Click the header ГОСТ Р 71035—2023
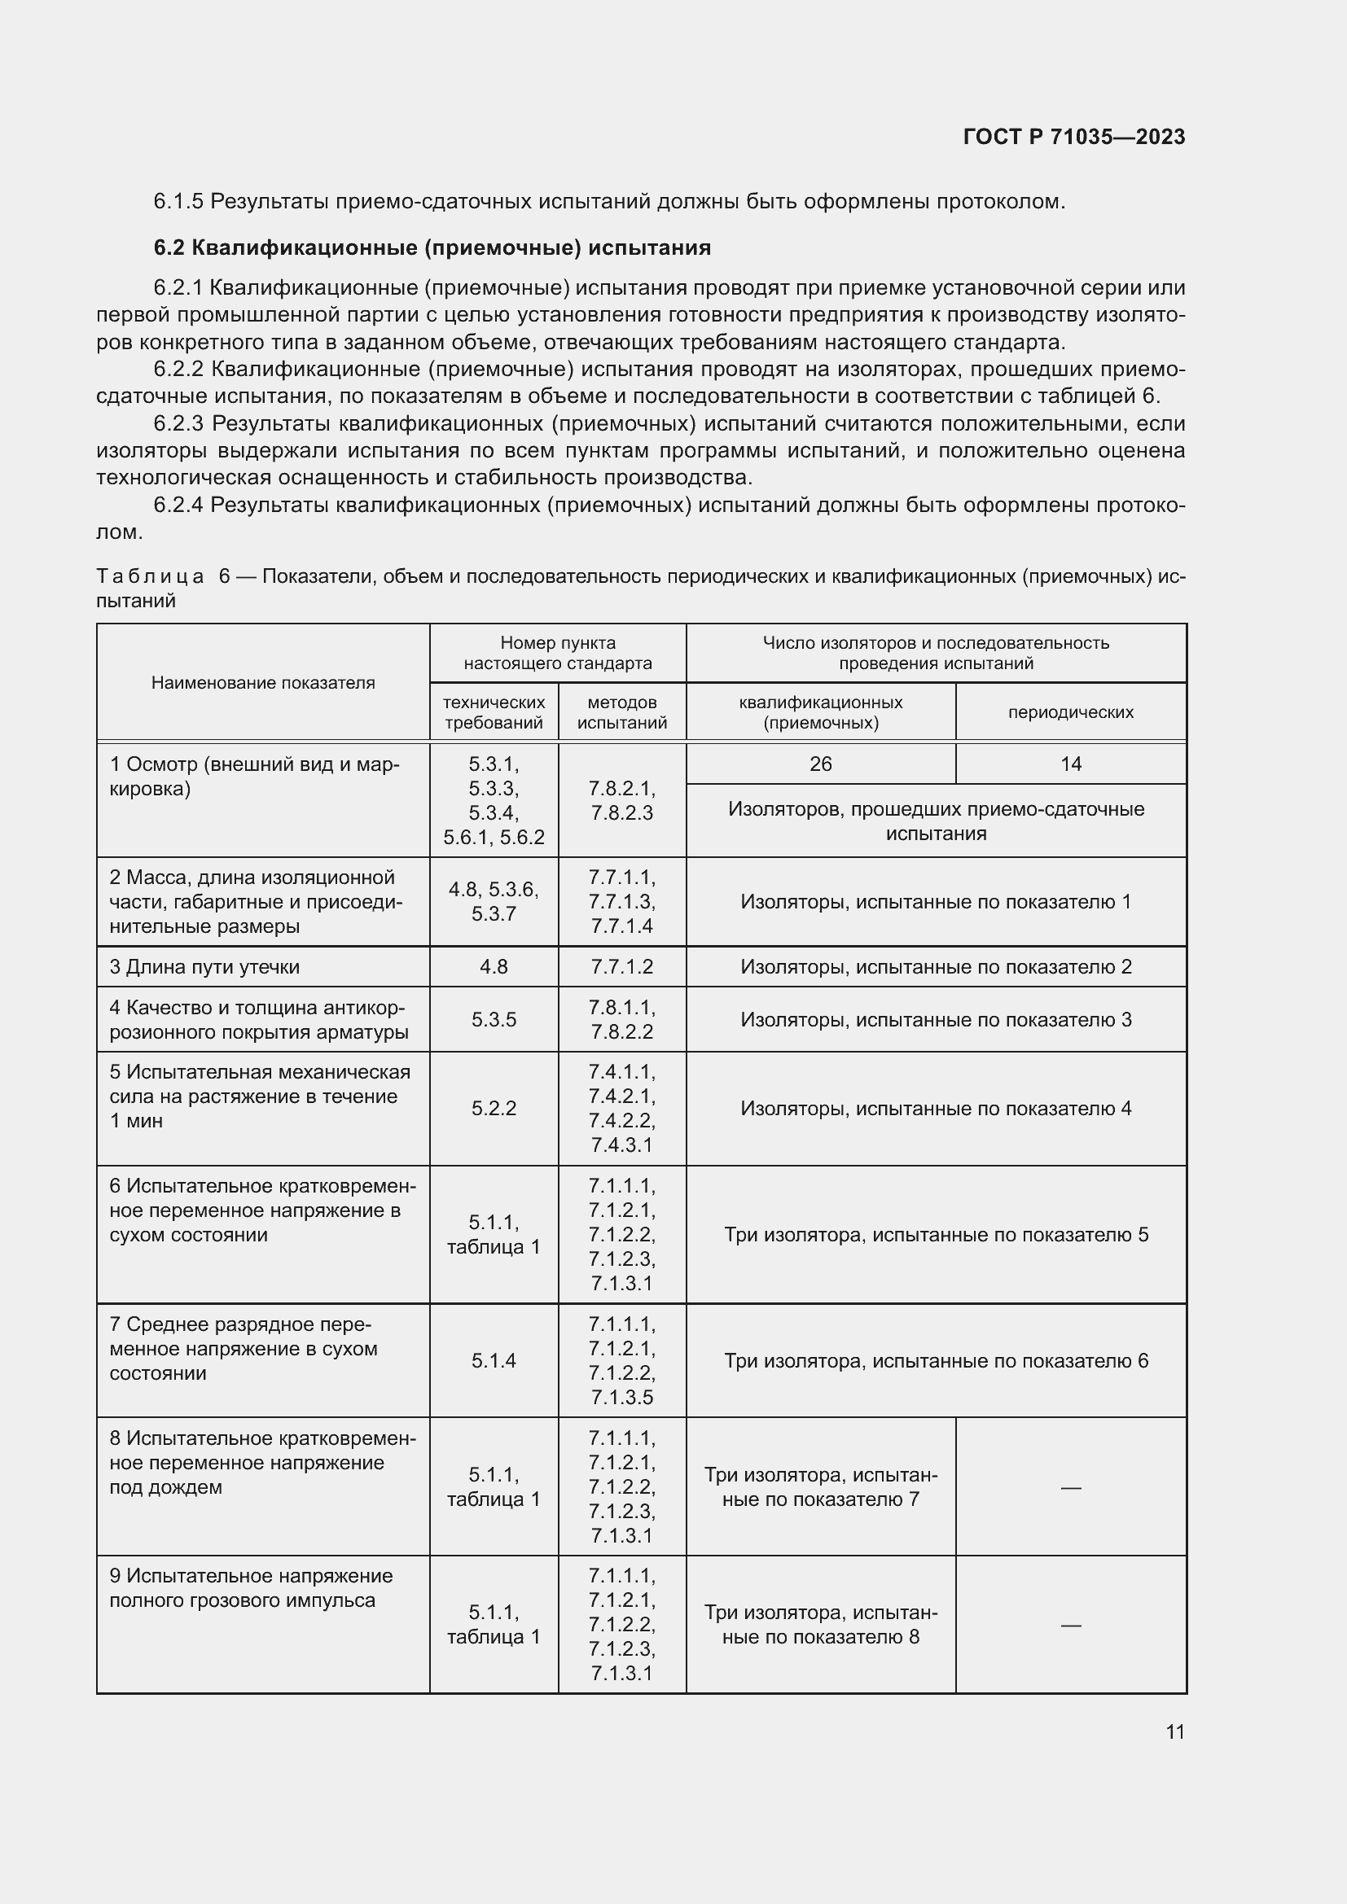pos(1073,137)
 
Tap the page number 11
pos(1174,1731)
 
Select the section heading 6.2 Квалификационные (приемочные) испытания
pos(432,248)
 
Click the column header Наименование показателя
pos(263,682)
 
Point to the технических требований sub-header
pos(494,712)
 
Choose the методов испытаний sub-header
pos(622,712)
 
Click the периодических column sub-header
pos(1070,712)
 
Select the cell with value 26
pos(820,764)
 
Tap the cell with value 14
pos(1070,764)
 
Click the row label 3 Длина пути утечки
pos(205,967)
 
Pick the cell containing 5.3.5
pos(494,1019)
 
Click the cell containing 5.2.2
pos(494,1109)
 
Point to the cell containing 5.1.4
pos(494,1361)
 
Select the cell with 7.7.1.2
pos(622,967)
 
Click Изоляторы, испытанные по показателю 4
pos(936,1109)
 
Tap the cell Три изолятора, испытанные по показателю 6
pos(936,1361)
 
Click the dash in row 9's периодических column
pos(1070,1626)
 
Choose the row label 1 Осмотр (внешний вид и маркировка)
pos(254,777)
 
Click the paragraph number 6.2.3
pos(178,424)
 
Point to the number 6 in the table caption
pos(225,576)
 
